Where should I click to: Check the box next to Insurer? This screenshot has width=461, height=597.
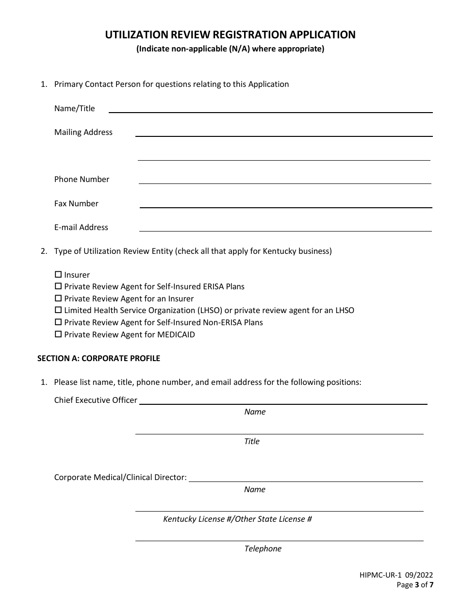click(x=58, y=275)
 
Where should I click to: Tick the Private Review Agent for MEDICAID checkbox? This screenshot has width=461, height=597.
click(x=58, y=334)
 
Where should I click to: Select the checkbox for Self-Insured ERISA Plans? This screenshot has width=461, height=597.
click(x=58, y=286)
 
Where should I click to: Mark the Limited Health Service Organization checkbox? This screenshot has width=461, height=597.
click(x=58, y=310)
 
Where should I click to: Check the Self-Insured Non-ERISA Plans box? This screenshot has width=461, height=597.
click(x=58, y=322)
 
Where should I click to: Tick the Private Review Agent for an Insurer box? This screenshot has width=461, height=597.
click(x=58, y=298)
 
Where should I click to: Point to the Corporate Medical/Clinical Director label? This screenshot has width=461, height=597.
click(x=120, y=477)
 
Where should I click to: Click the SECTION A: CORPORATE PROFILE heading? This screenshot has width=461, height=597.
click(x=99, y=359)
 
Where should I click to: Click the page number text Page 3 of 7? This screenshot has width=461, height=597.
click(x=415, y=585)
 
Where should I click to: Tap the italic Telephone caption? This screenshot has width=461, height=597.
click(x=263, y=548)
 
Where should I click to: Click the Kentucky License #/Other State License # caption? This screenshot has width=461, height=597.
click(x=237, y=519)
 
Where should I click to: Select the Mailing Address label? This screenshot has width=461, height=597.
click(x=83, y=132)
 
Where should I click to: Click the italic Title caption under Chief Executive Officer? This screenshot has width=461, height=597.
click(x=252, y=441)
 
